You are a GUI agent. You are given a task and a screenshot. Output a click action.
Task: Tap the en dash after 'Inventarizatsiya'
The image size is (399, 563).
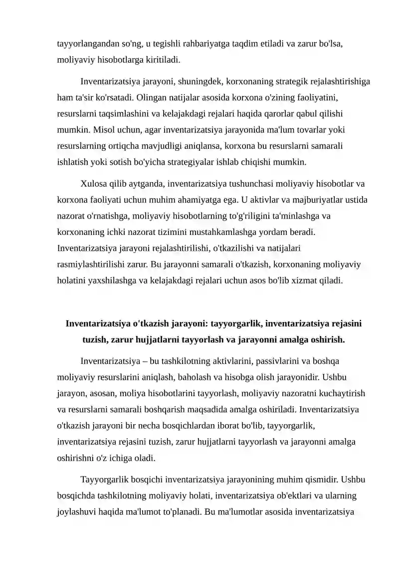143,361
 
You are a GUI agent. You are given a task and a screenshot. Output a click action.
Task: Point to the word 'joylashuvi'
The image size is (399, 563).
76,512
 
